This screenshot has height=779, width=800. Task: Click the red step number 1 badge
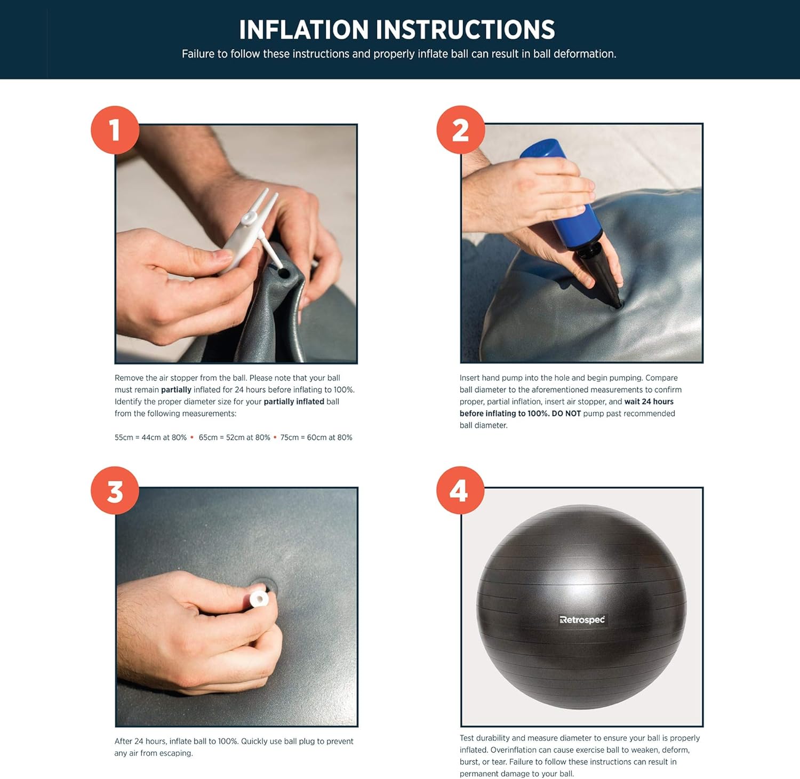(x=115, y=130)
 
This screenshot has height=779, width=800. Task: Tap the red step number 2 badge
(x=460, y=130)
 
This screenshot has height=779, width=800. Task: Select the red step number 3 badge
(x=115, y=490)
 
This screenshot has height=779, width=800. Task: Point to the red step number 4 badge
(x=460, y=490)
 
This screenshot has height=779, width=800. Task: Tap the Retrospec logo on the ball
(x=582, y=619)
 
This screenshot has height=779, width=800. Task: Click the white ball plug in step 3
(x=259, y=598)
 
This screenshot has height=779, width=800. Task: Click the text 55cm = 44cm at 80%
(x=150, y=438)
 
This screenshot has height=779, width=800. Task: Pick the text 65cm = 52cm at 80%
(x=234, y=438)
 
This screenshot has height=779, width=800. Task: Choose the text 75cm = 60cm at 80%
(x=316, y=438)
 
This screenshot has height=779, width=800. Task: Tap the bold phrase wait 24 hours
(x=649, y=402)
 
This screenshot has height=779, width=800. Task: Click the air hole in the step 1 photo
(x=284, y=273)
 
